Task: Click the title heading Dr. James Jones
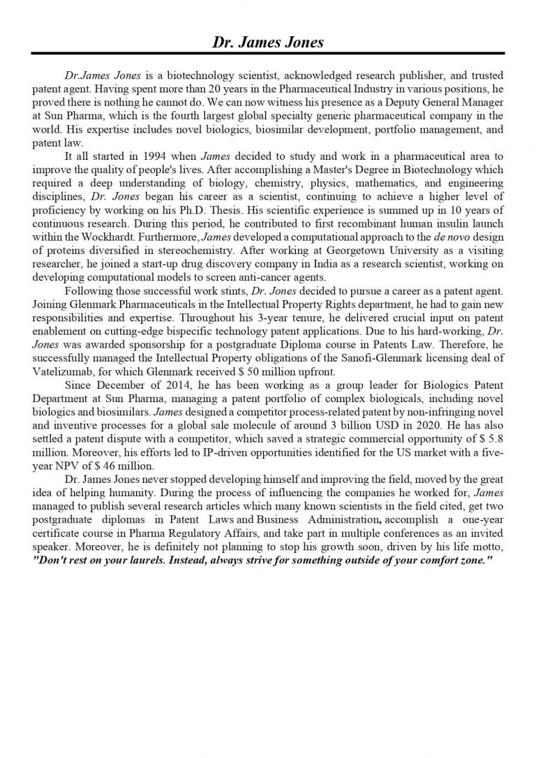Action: pos(268,43)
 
